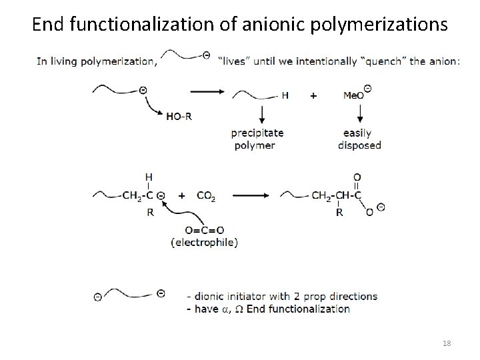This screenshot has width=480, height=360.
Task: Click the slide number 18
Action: pos(446,343)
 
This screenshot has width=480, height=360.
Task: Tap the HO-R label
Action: pos(178,116)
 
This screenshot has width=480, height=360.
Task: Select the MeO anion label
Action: pos(354,95)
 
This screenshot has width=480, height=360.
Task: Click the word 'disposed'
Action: pos(359,145)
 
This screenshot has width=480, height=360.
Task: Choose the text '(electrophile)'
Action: pos(203,243)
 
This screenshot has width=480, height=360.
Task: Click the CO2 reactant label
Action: pos(206,197)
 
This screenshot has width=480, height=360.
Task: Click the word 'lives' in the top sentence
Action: pos(236,62)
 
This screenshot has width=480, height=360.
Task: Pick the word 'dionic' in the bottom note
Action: pos(212,296)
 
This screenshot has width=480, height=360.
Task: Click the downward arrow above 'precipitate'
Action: pos(260,113)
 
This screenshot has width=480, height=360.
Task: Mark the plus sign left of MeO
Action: pos(313,95)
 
